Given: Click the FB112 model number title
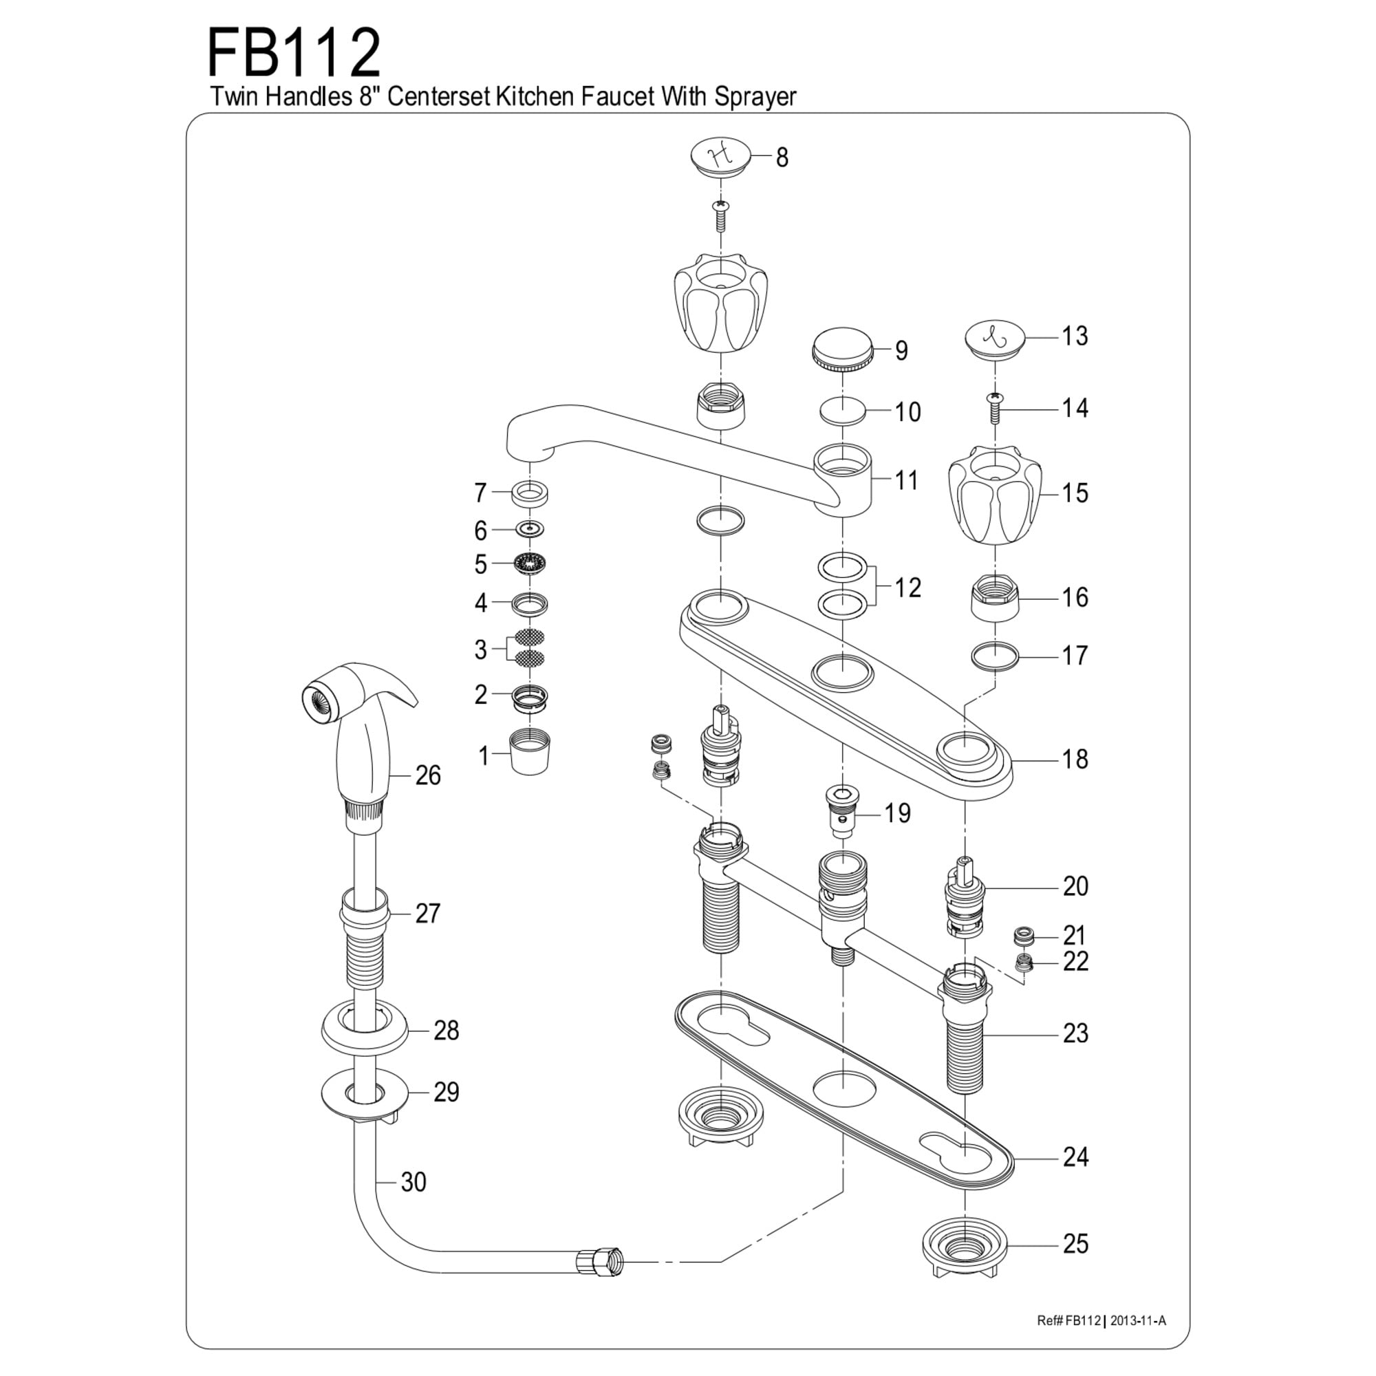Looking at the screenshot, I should [x=294, y=54].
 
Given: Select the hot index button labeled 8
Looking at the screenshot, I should [x=721, y=156].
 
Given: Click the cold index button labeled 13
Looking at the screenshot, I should [x=995, y=338].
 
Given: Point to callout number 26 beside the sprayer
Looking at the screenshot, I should [x=428, y=775].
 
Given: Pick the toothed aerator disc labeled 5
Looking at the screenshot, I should [x=529, y=564].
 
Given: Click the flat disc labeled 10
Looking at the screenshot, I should [x=843, y=411].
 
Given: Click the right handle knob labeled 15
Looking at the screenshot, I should [x=995, y=495].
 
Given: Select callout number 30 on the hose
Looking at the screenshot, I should [x=413, y=1181].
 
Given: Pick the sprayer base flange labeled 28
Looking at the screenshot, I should [x=364, y=1031].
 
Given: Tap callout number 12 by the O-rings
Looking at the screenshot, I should [x=907, y=588].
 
